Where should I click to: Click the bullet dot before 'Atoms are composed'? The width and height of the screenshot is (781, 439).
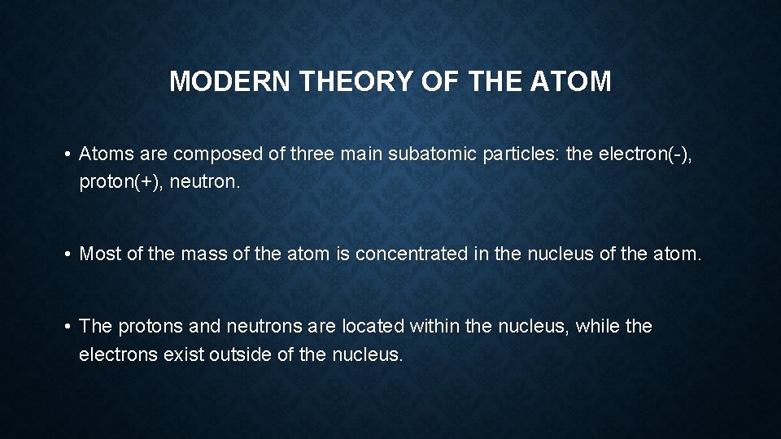(x=69, y=155)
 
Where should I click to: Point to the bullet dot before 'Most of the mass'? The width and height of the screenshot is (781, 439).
(x=69, y=254)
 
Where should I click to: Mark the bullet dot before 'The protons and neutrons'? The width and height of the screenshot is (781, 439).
(x=69, y=327)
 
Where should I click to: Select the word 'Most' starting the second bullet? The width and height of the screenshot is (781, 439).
(x=98, y=254)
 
